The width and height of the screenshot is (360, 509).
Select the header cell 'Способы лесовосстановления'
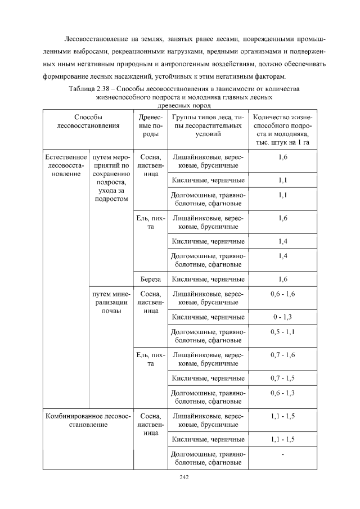tap(88, 122)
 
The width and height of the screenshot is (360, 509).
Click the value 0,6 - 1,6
tap(282, 294)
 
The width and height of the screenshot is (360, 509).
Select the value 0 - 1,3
tap(282, 317)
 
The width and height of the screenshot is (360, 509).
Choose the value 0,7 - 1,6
tap(282, 354)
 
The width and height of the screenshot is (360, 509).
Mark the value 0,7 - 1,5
tap(282, 378)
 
